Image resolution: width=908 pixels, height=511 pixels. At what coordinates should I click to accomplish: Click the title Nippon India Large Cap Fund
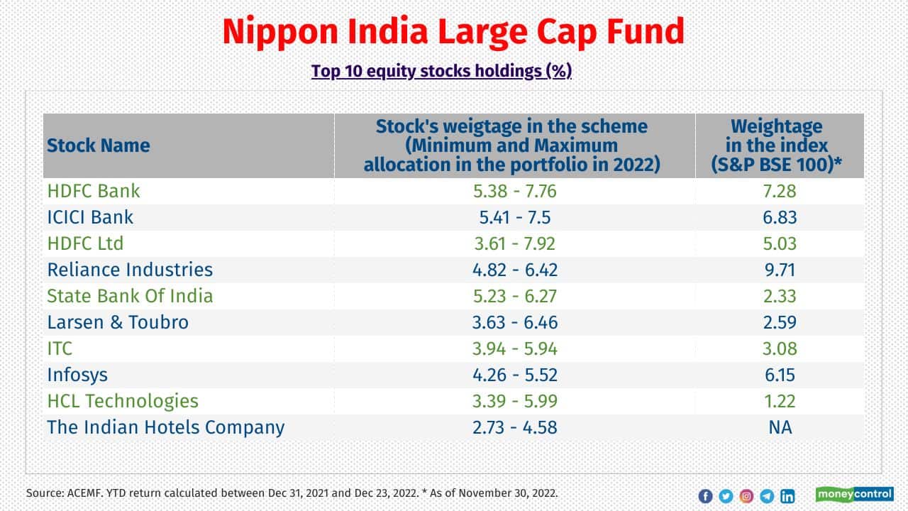453,32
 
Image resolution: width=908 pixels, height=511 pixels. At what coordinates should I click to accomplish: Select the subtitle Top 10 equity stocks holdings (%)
441,72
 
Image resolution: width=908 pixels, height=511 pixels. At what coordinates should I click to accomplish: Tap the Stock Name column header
99,146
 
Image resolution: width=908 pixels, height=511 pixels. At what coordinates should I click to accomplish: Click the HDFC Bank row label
94,191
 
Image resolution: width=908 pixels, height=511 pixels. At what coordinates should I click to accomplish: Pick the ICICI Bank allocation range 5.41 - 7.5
515,217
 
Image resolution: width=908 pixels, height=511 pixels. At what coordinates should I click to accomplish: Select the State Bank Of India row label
130,296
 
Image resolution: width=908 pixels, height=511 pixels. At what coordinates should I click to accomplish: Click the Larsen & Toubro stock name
118,322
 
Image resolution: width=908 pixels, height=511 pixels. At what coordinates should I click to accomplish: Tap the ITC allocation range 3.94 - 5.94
515,348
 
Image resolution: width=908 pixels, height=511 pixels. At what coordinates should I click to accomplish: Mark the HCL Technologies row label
123,401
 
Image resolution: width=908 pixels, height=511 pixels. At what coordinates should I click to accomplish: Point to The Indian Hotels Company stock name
165,427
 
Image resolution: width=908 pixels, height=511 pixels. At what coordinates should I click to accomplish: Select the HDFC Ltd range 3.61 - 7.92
515,243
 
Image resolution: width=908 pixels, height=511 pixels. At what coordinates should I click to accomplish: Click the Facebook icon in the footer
705,496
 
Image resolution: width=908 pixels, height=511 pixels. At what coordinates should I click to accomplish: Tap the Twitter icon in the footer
726,496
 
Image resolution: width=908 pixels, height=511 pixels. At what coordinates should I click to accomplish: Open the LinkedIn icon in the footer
787,496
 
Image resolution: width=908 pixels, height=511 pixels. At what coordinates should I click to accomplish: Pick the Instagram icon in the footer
746,496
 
